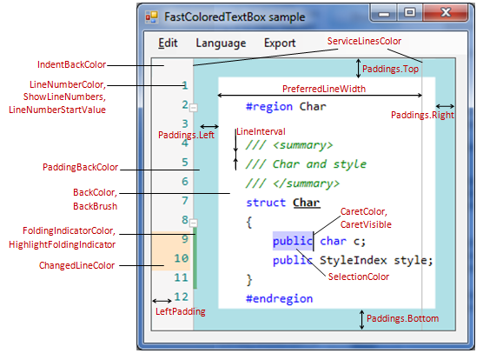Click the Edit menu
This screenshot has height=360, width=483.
point(168,43)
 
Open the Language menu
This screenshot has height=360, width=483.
point(221,43)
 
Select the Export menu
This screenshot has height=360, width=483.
point(280,43)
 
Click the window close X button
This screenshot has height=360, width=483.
point(446,13)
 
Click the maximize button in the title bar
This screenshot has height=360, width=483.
point(410,13)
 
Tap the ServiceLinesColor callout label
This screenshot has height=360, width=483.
point(364,41)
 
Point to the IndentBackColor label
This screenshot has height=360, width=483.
point(72,64)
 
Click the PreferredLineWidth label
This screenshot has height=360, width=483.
point(324,89)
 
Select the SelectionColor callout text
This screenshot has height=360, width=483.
point(359,277)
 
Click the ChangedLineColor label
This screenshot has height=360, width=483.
point(76,265)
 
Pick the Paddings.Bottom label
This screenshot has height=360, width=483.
point(402,318)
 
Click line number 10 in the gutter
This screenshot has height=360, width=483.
point(181,258)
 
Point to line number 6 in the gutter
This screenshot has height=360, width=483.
point(185,181)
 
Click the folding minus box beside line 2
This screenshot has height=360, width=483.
point(194,108)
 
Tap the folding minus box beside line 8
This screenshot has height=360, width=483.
point(194,223)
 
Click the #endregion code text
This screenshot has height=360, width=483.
point(280,298)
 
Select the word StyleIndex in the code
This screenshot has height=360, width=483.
point(353,261)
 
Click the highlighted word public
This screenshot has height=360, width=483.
point(293,241)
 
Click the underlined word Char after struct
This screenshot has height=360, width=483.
point(307,203)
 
